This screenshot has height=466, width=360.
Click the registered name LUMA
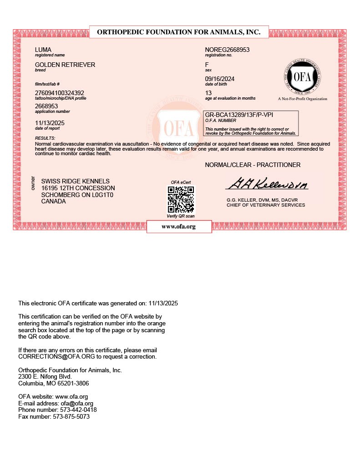click(43, 50)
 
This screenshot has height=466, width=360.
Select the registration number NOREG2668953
click(228, 50)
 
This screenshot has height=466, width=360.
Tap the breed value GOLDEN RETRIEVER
click(65, 65)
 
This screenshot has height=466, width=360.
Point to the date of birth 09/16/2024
click(220, 79)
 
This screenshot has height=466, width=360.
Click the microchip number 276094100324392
click(60, 93)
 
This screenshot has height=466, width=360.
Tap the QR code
click(181, 199)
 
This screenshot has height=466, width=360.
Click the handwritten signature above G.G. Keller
click(267, 184)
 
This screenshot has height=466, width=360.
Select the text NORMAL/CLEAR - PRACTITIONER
click(253, 165)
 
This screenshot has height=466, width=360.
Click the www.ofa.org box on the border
click(179, 227)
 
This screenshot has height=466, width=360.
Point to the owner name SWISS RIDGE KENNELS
click(75, 181)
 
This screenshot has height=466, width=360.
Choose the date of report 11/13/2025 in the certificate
click(50, 122)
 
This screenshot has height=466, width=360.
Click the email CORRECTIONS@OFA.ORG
click(51, 357)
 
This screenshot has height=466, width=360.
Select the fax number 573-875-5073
click(71, 416)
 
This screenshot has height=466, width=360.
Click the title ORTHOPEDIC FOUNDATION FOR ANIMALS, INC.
click(179, 32)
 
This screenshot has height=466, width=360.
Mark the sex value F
click(207, 65)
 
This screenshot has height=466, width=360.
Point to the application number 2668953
click(46, 106)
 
